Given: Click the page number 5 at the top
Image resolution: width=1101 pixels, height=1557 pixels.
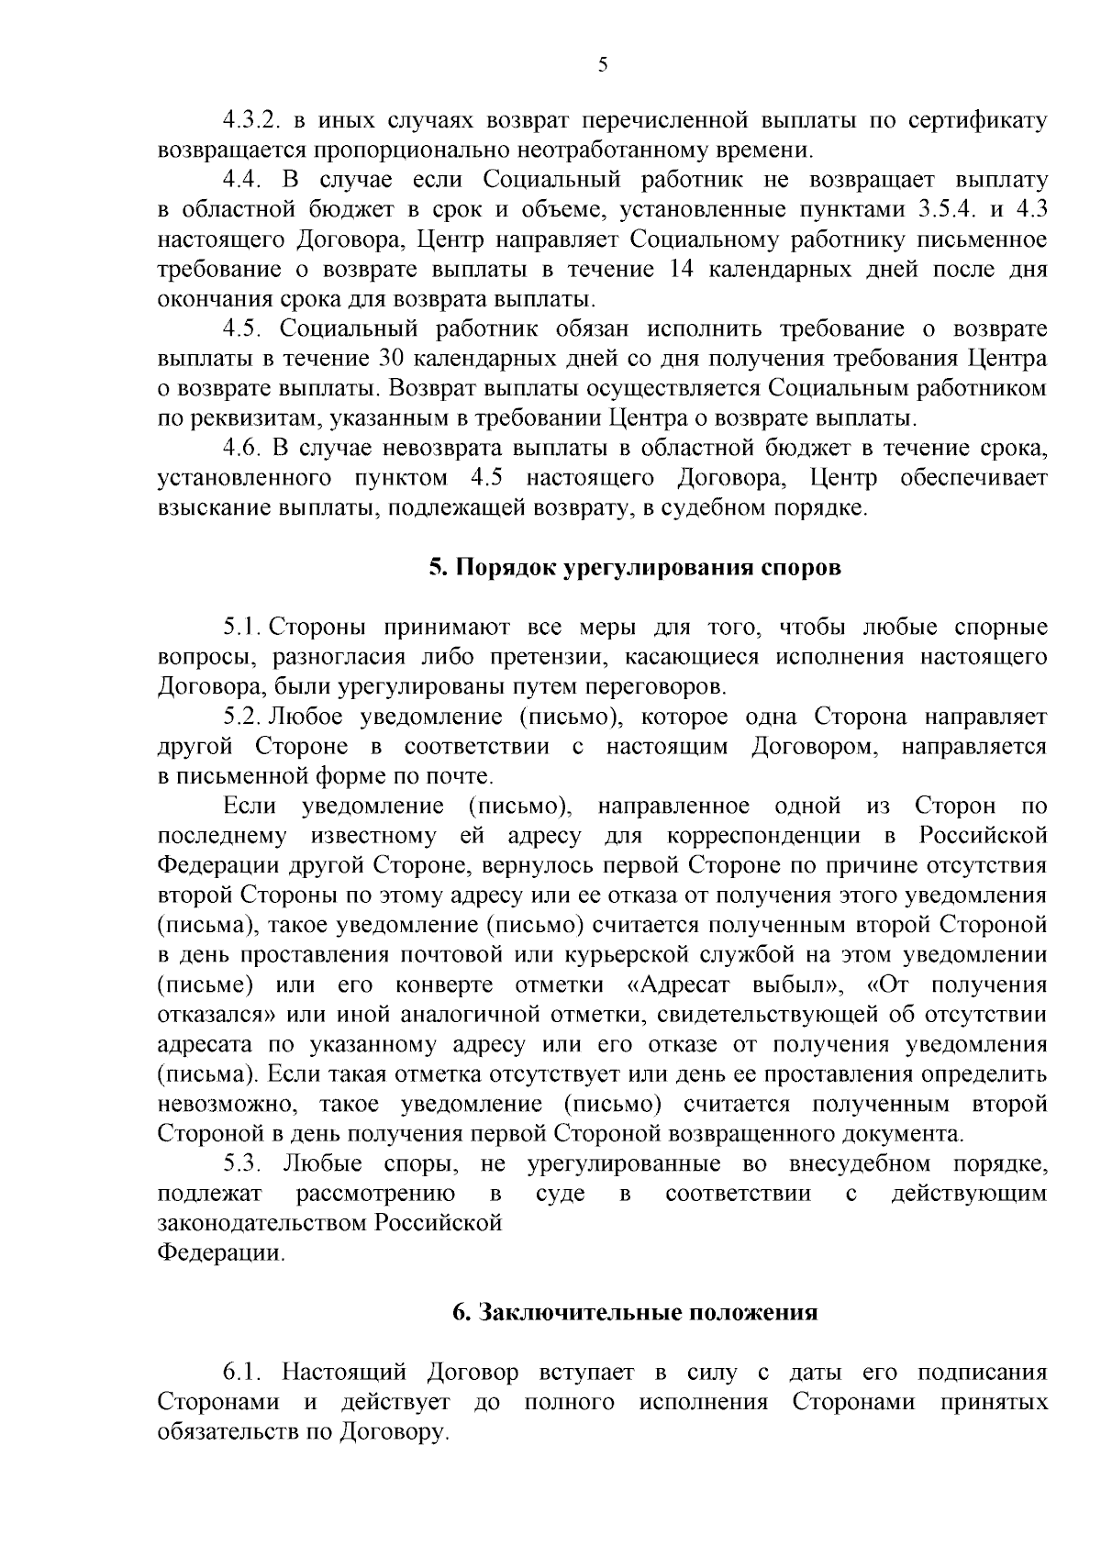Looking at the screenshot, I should tap(602, 64).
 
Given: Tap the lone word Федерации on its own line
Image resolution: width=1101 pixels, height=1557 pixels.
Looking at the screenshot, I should tap(220, 1253).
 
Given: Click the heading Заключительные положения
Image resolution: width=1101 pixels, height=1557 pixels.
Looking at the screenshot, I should tap(635, 1313).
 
